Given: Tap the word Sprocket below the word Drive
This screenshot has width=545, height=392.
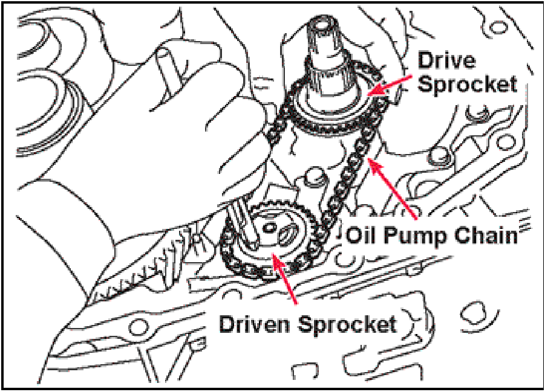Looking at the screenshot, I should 468,84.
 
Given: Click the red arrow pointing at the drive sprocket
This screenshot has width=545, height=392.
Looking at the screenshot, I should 393,84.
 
